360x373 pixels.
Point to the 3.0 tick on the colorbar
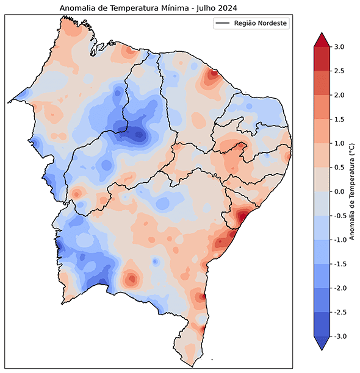tap(339, 47)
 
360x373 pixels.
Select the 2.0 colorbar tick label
tap(339, 95)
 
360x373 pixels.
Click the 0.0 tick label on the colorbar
tap(339, 191)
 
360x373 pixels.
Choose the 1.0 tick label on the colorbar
tap(339, 143)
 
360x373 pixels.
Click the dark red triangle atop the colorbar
tap(320, 40)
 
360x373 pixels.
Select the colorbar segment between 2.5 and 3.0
tap(320, 59)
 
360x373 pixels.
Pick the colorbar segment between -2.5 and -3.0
tap(320, 324)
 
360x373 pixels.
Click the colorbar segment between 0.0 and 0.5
tap(320, 180)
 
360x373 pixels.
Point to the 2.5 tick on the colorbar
tap(339, 71)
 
